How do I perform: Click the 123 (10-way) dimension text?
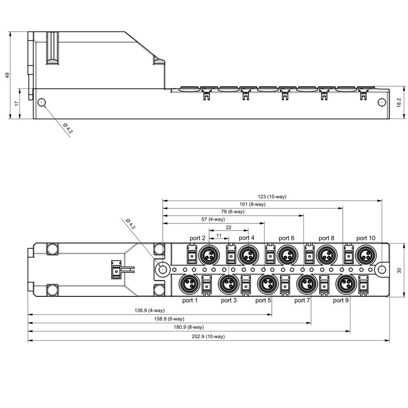[272, 195]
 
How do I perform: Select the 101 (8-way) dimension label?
[252, 204]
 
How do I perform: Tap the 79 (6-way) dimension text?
[233, 212]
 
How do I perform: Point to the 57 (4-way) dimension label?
[213, 219]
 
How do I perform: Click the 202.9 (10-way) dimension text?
[208, 336]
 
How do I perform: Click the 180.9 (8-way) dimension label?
[188, 327]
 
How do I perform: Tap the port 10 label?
[366, 238]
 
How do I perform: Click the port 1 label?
[190, 300]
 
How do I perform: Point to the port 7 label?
[302, 300]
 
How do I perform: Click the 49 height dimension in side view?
[7, 75]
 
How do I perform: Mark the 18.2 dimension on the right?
[399, 102]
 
